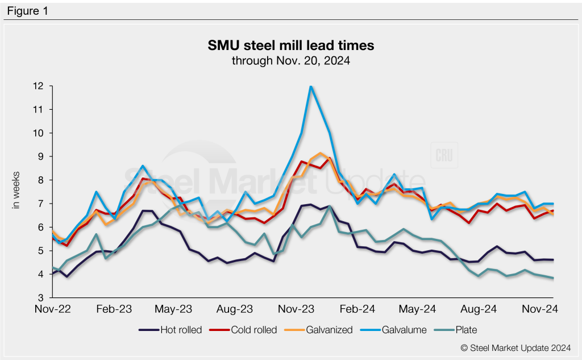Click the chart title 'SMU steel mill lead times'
pos(290,45)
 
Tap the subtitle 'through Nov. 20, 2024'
pos(290,60)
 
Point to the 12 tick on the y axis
pos(39,86)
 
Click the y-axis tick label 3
pos(41,297)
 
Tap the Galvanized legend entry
pos(329,330)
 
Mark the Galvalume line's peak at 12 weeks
pos(311,86)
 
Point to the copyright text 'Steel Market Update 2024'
pos(516,348)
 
